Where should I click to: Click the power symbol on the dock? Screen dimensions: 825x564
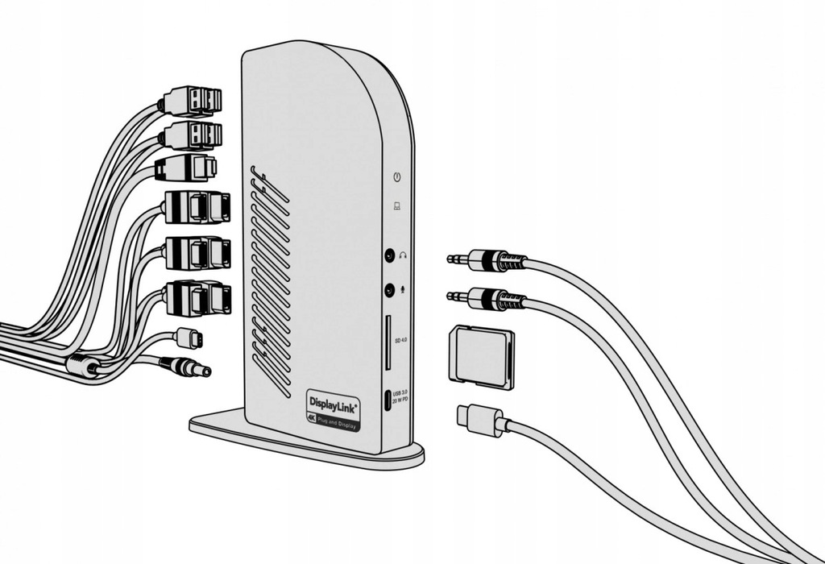coord(396,176)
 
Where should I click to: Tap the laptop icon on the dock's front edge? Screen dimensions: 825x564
coord(396,206)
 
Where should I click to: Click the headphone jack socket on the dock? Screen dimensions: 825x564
coord(389,256)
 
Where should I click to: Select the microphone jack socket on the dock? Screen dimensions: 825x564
coord(389,288)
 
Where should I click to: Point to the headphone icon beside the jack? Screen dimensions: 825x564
coord(403,256)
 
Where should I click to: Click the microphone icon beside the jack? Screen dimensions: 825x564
coord(403,288)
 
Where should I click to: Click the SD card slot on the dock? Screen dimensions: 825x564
coord(388,342)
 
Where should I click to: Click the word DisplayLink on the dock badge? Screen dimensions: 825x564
coord(333,400)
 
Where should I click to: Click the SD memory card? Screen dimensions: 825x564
coord(481,357)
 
